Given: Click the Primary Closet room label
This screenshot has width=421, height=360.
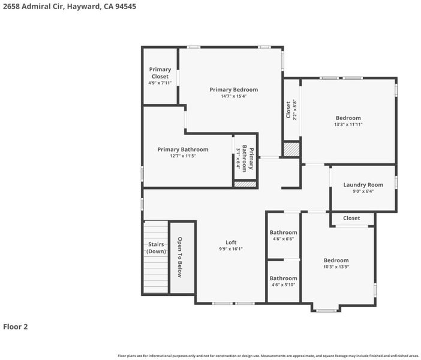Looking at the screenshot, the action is click(x=160, y=73).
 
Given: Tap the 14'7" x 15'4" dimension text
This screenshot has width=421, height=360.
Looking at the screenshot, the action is click(x=234, y=96).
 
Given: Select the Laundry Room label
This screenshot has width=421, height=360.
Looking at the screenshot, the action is click(x=363, y=185).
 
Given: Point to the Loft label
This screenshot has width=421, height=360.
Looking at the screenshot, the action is click(x=231, y=242).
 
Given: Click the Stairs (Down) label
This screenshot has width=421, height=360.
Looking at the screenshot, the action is click(x=156, y=248).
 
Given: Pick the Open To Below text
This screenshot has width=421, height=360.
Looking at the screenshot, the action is click(x=180, y=257).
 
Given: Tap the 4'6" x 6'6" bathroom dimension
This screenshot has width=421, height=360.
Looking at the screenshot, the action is click(x=283, y=239).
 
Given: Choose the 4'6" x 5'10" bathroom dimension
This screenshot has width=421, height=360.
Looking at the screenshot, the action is click(x=283, y=285).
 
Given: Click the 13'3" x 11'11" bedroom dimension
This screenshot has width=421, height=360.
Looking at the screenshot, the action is click(x=348, y=124).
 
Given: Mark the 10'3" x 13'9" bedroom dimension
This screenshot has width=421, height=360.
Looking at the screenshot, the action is click(x=336, y=267).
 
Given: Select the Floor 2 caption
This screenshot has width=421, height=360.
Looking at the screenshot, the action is click(x=16, y=326).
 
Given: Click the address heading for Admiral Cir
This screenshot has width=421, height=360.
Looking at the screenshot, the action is click(x=70, y=7).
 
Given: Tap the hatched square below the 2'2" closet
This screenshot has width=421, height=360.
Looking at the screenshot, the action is click(x=291, y=149).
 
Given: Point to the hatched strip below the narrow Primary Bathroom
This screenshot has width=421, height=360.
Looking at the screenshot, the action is click(x=245, y=184).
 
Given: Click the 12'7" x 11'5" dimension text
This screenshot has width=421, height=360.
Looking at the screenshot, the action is click(x=183, y=156).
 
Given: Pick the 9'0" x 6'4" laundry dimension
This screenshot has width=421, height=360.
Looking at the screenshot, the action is click(x=363, y=191).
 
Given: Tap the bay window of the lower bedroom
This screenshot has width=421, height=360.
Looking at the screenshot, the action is click(x=326, y=311).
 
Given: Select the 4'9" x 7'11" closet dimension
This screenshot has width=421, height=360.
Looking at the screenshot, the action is click(x=160, y=83).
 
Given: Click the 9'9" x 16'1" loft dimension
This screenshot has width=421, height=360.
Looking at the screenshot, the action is click(x=231, y=249).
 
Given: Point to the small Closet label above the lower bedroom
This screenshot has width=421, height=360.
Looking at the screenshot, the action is click(x=351, y=218).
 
